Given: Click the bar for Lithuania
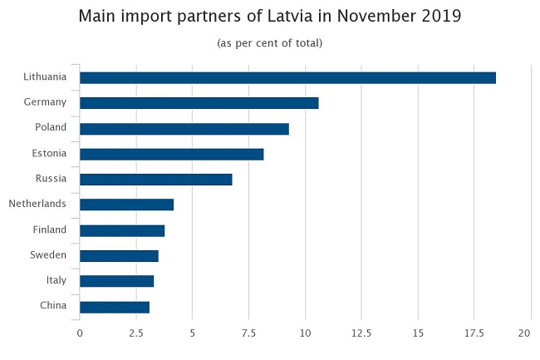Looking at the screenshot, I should [x=287, y=77].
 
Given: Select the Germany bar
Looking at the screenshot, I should [x=199, y=103].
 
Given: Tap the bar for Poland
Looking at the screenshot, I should [x=184, y=129].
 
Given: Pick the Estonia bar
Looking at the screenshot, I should [x=171, y=154].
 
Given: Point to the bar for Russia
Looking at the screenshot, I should [x=155, y=179].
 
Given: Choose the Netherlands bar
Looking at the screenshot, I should [x=126, y=205].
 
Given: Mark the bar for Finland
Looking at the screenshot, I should [x=122, y=230].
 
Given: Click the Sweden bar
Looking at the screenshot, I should [x=119, y=255].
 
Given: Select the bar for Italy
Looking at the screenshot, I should [x=116, y=281].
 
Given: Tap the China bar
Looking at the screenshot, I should [x=115, y=307].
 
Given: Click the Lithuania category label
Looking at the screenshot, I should [x=45, y=77].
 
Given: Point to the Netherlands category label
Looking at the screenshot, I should [x=38, y=205].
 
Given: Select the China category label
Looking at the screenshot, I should [x=53, y=307].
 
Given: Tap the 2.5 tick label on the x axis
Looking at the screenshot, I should [x=136, y=333].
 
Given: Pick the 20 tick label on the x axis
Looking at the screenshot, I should [x=525, y=333].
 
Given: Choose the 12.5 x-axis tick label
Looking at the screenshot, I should [x=361, y=333].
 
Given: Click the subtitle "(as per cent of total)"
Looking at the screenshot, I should [x=269, y=42].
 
